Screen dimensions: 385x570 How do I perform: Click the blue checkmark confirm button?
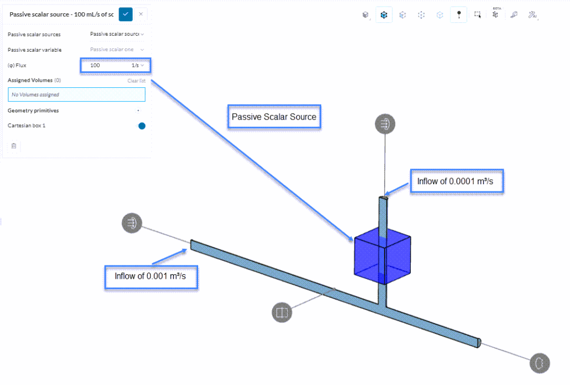(x=125, y=14)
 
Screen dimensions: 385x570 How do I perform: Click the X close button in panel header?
(x=141, y=14)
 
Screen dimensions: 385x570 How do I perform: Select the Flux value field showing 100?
(x=106, y=66)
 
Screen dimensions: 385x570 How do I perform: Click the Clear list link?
(x=136, y=81)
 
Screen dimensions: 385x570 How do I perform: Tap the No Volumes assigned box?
(x=76, y=95)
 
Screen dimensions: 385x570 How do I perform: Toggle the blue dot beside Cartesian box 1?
(x=142, y=126)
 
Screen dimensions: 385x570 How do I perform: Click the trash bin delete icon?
(x=14, y=146)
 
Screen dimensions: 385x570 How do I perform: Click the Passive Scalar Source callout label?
(x=274, y=117)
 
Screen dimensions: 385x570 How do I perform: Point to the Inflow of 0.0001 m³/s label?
(x=456, y=181)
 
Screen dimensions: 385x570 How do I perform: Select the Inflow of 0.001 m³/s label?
(x=151, y=276)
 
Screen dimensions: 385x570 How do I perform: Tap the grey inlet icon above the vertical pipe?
(x=384, y=124)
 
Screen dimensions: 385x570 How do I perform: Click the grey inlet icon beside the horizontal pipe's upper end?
(x=132, y=223)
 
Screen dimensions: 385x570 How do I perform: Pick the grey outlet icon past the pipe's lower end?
(x=539, y=363)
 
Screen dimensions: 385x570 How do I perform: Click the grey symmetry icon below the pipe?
(x=282, y=312)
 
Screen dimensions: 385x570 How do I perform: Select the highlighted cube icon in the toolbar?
(x=384, y=15)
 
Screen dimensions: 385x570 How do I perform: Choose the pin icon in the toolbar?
(x=459, y=15)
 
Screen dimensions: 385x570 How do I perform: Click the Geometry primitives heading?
(x=33, y=111)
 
